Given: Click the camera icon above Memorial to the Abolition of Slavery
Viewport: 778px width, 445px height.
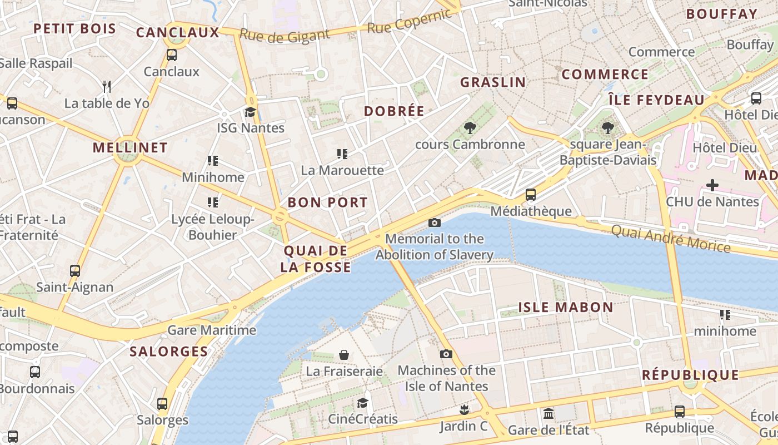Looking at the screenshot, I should pyautogui.click(x=435, y=223).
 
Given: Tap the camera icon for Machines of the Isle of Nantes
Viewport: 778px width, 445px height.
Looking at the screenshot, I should pyautogui.click(x=446, y=354).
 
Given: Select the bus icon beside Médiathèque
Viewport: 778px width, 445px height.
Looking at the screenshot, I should pyautogui.click(x=531, y=195).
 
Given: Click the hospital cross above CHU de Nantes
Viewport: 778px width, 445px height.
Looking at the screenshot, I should pyautogui.click(x=712, y=185).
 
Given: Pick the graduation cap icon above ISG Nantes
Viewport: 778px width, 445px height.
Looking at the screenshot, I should pyautogui.click(x=250, y=112).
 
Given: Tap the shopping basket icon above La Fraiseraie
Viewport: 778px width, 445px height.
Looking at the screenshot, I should pyautogui.click(x=345, y=355).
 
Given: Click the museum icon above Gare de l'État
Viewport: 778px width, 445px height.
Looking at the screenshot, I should pyautogui.click(x=548, y=414).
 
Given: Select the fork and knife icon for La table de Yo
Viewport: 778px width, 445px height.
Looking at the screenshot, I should pyautogui.click(x=107, y=86).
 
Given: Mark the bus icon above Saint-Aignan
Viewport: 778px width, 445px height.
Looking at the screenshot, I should pyautogui.click(x=75, y=271).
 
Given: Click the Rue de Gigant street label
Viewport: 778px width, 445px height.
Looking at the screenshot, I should pyautogui.click(x=285, y=36).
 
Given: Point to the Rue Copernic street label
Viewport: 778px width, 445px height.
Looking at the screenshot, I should pyautogui.click(x=410, y=21).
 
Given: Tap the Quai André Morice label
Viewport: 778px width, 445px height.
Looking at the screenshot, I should pyautogui.click(x=671, y=238).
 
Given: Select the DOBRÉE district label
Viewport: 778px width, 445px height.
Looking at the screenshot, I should pyautogui.click(x=394, y=111).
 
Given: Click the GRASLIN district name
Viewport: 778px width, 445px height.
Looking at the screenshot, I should pyautogui.click(x=493, y=82).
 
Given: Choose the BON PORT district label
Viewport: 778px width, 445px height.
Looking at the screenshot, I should pyautogui.click(x=328, y=202).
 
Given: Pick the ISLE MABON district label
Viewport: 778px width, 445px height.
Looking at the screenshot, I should pyautogui.click(x=566, y=307).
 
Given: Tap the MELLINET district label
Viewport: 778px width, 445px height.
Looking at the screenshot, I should pyautogui.click(x=130, y=147).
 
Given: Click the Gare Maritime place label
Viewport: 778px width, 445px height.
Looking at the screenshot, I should pyautogui.click(x=212, y=330).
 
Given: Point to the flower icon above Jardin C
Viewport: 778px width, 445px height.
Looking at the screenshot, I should pyautogui.click(x=463, y=411).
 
